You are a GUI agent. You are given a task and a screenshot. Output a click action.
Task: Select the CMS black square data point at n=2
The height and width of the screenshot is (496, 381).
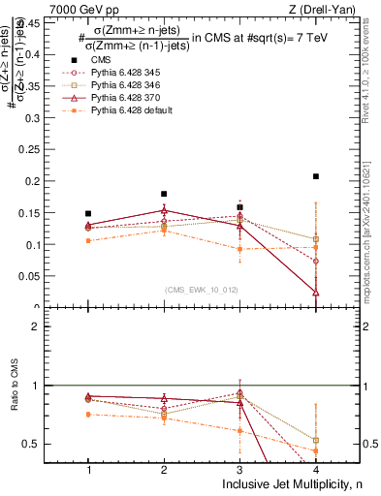164,194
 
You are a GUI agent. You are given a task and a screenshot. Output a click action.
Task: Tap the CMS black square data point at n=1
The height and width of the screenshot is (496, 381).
88,213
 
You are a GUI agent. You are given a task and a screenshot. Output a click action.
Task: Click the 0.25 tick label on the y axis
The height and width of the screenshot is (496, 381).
35,149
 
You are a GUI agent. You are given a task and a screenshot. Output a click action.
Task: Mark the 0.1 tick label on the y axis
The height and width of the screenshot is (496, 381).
38,245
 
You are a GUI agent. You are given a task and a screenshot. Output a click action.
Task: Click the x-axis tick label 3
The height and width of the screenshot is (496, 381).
239,468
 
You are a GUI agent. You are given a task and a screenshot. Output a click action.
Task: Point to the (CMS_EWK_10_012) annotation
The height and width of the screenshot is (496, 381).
200,290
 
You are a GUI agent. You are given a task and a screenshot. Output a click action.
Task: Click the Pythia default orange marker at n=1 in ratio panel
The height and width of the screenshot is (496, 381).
88,414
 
